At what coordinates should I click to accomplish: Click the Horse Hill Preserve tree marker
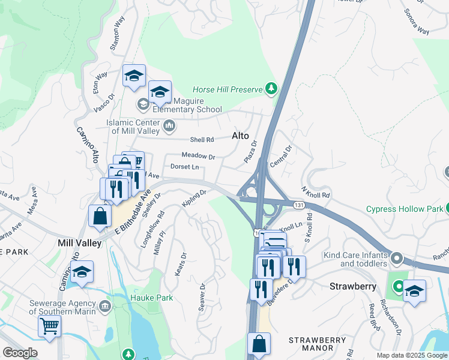click(x=272, y=89)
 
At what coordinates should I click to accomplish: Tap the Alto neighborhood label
click(x=240, y=136)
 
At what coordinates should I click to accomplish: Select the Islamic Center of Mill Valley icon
click(x=169, y=126)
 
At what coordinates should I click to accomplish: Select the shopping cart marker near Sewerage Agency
click(x=49, y=326)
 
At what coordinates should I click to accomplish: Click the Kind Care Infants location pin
click(x=396, y=259)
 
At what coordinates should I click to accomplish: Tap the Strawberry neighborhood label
click(x=353, y=287)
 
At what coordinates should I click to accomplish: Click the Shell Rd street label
click(x=202, y=140)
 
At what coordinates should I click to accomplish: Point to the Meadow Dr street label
click(x=198, y=155)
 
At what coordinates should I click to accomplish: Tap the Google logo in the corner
click(x=20, y=353)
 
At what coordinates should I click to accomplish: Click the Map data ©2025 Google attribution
click(x=411, y=355)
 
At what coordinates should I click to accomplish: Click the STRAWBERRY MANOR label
click(x=318, y=344)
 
